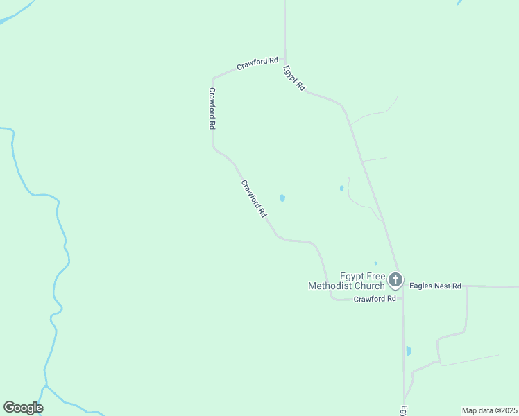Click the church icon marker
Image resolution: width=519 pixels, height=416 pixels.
click(395, 280)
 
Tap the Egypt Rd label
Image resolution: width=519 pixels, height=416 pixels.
click(294, 78)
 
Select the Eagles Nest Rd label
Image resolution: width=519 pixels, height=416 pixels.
click(435, 285)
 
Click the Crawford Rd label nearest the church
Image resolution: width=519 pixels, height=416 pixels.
click(375, 299)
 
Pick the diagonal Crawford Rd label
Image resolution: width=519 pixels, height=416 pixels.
click(254, 199)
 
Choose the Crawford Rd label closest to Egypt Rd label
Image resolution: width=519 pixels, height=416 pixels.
click(257, 64)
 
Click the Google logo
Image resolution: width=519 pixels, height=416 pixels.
click(23, 408)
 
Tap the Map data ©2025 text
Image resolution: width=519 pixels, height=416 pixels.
click(490, 410)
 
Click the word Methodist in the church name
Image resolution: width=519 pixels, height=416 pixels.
click(336, 286)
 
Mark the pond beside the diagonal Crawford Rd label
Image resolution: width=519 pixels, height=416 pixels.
click(282, 198)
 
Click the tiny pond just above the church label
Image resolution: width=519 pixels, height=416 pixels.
click(375, 263)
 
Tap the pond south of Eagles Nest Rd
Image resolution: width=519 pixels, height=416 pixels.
click(409, 351)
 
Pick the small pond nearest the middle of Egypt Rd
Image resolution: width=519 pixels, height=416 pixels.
click(341, 188)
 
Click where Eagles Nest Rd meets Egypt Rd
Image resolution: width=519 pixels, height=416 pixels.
click(402, 286)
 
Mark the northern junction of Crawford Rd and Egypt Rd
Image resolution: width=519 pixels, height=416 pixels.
click(285, 60)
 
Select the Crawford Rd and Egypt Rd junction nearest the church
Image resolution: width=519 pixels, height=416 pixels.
click(402, 299)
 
